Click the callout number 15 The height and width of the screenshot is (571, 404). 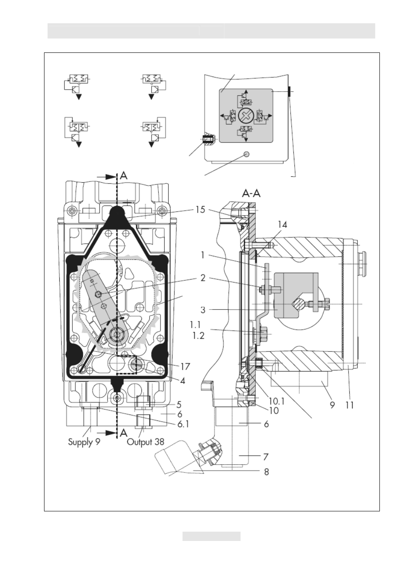click(200, 210)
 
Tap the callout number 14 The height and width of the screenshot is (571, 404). click(282, 225)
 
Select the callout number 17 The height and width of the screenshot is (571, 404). click(185, 367)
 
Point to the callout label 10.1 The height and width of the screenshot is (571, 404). click(277, 401)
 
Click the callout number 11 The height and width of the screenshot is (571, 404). click(349, 405)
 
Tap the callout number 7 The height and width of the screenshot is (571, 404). click(266, 457)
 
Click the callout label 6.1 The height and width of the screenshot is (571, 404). click(183, 424)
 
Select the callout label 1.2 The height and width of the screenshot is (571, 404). click(199, 336)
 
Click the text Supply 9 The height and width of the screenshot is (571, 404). click(84, 442)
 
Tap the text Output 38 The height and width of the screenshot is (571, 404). click(146, 442)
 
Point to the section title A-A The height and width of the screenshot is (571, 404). click(252, 194)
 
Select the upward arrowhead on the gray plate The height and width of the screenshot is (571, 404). click(246, 91)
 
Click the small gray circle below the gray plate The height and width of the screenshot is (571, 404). click(246, 154)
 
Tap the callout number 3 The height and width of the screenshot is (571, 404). click(203, 310)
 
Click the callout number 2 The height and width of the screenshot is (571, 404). click(203, 278)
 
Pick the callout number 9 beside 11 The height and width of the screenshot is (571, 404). click(332, 405)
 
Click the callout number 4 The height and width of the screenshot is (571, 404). click(183, 381)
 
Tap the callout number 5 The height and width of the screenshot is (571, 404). click(179, 404)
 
